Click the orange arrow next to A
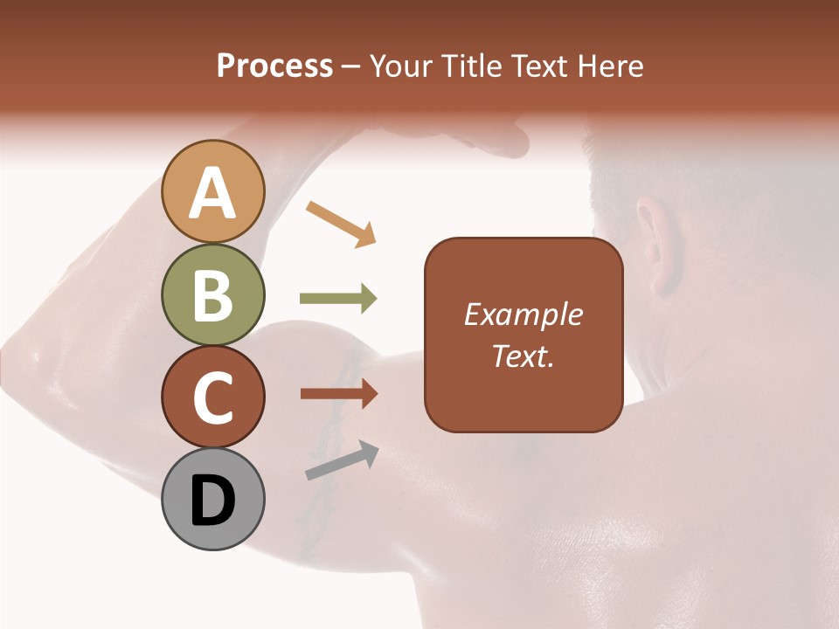(x=342, y=223)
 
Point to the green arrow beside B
(x=338, y=299)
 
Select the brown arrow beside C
(x=338, y=394)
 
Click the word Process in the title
(x=274, y=66)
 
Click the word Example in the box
(x=523, y=314)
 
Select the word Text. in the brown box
(x=523, y=356)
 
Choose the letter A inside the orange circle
(x=212, y=194)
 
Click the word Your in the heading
(x=404, y=66)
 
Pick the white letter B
(x=212, y=295)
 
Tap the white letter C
(x=212, y=398)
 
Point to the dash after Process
(x=351, y=67)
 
